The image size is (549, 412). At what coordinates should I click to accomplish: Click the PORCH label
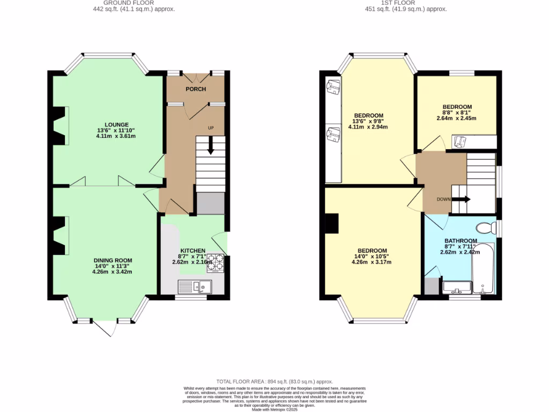[x=196, y=89]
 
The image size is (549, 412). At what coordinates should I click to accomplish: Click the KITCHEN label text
[x=192, y=251]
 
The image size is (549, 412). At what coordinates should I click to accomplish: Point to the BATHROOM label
[x=461, y=241]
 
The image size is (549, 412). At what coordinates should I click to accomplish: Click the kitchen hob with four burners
[x=216, y=262]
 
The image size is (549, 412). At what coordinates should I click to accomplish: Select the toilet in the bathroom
[x=486, y=228]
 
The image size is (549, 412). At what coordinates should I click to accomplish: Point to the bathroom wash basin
[x=457, y=287]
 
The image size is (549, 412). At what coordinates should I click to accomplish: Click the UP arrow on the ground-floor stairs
[x=210, y=145]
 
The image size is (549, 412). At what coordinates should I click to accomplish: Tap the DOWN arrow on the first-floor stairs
[x=460, y=199]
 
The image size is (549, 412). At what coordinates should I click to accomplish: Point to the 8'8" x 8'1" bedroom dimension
[x=457, y=113]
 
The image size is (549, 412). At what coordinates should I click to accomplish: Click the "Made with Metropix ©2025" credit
[x=274, y=409]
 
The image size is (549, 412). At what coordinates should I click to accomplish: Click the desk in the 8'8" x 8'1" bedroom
[x=474, y=141]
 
